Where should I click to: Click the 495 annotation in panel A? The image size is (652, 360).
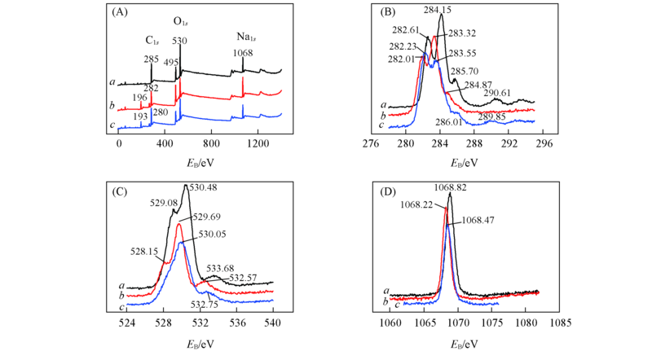170,62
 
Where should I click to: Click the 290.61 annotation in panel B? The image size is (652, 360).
498,93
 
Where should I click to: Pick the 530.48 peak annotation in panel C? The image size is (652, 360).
200,188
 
